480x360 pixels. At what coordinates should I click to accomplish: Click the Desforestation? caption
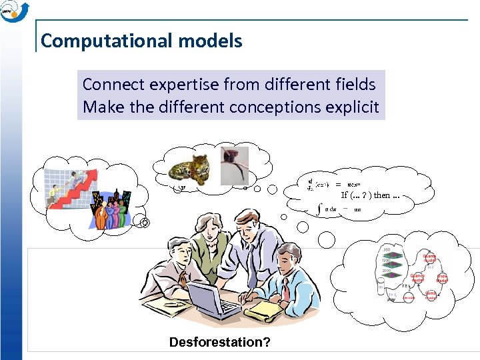[219, 343]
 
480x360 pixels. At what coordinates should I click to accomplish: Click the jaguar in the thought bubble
[190, 167]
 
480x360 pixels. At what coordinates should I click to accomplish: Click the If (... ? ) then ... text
[371, 195]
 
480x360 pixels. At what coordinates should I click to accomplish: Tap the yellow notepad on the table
[267, 309]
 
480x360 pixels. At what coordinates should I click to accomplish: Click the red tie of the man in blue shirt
[285, 290]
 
